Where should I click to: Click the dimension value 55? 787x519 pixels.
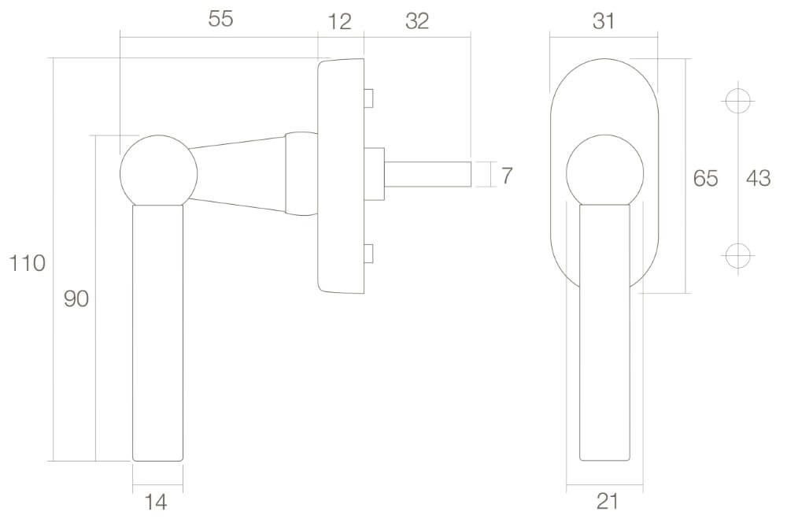point(221,20)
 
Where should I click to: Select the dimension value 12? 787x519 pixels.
point(339,21)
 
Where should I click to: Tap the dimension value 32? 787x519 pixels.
point(416,21)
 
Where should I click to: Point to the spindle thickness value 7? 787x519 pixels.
point(506,176)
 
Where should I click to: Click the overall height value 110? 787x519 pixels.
point(28,263)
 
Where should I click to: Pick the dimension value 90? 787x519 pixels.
point(76,298)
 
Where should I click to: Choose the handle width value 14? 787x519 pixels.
point(157,501)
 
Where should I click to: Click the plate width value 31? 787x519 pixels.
point(604,21)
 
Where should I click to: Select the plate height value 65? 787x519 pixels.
point(705,179)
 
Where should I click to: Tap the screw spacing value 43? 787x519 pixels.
point(758,179)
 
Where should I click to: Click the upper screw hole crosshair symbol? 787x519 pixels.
point(738,102)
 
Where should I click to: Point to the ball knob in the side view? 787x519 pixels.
point(155,171)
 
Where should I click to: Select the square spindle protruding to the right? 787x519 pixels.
point(429,174)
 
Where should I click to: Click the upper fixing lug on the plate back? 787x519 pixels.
point(368,98)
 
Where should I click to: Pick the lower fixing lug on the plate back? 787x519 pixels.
point(368,254)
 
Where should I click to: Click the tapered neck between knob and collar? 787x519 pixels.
point(236,173)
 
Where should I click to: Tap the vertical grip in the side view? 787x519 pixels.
point(158,331)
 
